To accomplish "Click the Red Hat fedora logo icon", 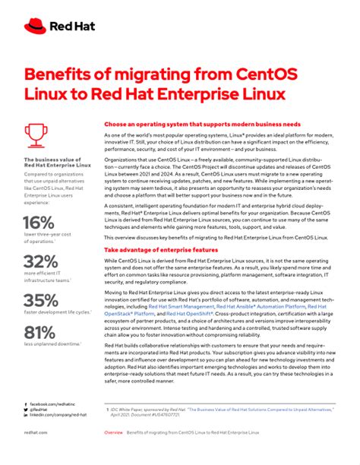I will pyautogui.click(x=35, y=27).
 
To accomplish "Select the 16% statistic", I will pyautogui.click(x=39, y=223).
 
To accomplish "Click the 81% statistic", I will pyautogui.click(x=38, y=332).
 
